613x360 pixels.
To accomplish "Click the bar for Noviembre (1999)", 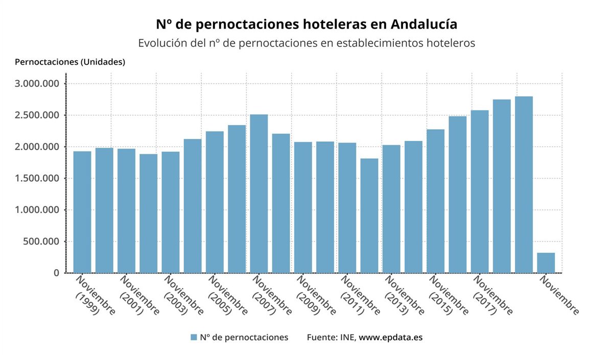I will [82, 212].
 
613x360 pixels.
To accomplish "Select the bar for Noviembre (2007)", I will [259, 194].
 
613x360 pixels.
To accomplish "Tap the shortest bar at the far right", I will [546, 262].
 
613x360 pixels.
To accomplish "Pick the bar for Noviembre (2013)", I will [391, 209].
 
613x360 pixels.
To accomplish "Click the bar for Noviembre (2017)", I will [480, 191].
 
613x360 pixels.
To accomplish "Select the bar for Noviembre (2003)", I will [171, 212].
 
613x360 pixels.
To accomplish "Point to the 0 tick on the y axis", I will [56, 273].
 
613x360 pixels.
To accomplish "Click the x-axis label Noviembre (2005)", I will [227, 296].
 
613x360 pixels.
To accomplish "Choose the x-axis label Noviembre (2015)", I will [448, 296].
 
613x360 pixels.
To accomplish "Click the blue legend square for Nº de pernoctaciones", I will [194, 338].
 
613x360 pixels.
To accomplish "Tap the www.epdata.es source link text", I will [391, 338].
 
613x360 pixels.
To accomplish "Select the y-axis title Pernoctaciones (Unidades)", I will [70, 62].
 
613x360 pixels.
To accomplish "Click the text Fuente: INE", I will [332, 338].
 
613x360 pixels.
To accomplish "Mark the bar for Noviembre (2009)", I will [303, 207].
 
